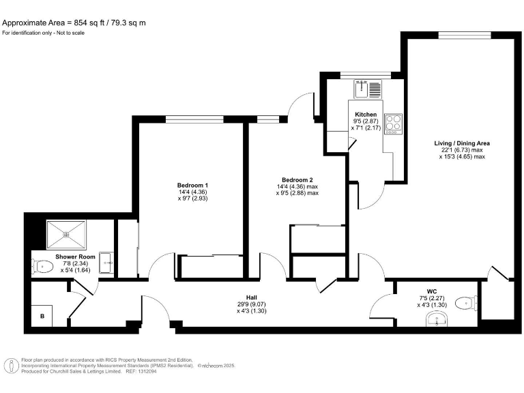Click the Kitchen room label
[x=366, y=114]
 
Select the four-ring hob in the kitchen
[x=394, y=123]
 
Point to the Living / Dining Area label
[x=462, y=143]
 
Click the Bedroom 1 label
[x=192, y=186]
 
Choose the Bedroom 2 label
[x=296, y=180]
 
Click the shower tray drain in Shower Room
[x=67, y=233]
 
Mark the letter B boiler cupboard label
[x=42, y=316]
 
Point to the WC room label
[x=431, y=291]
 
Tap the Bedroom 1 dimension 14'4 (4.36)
[x=192, y=192]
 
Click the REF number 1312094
[x=156, y=372]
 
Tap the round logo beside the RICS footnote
[x=12, y=366]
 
